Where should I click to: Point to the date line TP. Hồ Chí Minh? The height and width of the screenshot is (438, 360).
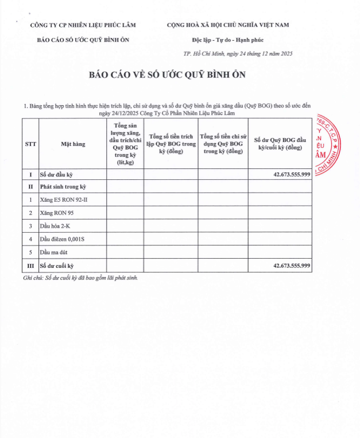238,53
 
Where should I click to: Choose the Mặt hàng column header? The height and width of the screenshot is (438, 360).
73,144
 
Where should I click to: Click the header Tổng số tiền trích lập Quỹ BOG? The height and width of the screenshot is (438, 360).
171,144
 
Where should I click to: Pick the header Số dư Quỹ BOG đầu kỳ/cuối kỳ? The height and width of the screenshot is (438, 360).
280,144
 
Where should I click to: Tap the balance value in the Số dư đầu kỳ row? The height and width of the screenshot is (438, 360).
292,174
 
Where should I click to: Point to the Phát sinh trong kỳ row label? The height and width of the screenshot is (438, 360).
63,187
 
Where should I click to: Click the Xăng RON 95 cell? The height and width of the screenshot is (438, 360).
57,213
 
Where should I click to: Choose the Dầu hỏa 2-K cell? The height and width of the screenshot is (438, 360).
56,225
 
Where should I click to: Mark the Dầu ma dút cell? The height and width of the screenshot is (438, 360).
56,252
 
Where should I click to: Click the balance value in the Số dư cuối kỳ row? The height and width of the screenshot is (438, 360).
292,265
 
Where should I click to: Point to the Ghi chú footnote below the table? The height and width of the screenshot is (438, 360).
81,278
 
